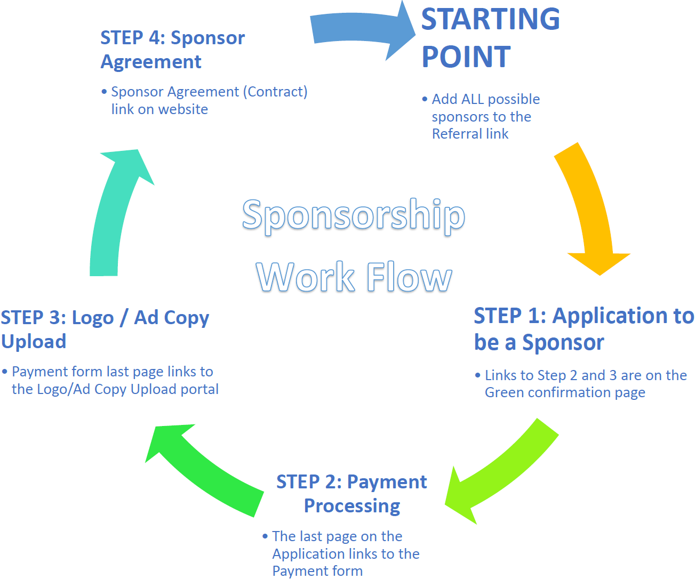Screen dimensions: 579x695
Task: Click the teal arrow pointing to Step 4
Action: click(115, 213)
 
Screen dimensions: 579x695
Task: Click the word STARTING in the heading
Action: click(490, 19)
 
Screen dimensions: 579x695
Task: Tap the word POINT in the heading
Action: click(466, 57)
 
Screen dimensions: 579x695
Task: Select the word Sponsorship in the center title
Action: click(353, 215)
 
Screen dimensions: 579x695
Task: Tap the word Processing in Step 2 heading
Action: click(352, 506)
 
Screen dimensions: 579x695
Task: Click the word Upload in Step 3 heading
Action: click(34, 342)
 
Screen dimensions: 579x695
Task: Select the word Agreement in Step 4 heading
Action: click(151, 62)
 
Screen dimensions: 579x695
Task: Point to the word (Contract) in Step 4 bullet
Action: click(275, 92)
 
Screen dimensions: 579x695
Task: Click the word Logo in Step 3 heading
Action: click(93, 318)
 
